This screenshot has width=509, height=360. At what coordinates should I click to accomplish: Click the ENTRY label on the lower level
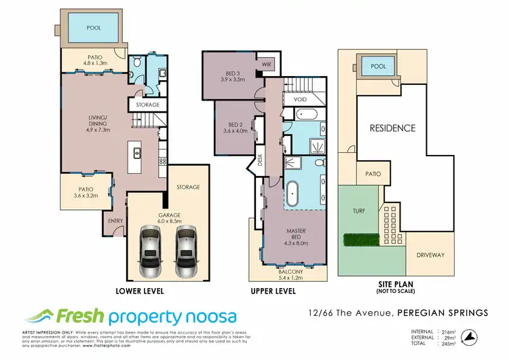click(113, 221)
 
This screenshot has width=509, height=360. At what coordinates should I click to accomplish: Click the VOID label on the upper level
click(300, 99)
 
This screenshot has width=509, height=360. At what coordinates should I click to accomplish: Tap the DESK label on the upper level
click(260, 160)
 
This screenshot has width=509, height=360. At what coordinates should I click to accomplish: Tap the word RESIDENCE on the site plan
click(392, 127)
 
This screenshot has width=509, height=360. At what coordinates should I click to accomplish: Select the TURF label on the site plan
click(359, 211)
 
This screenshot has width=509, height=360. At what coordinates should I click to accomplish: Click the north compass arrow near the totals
click(468, 335)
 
